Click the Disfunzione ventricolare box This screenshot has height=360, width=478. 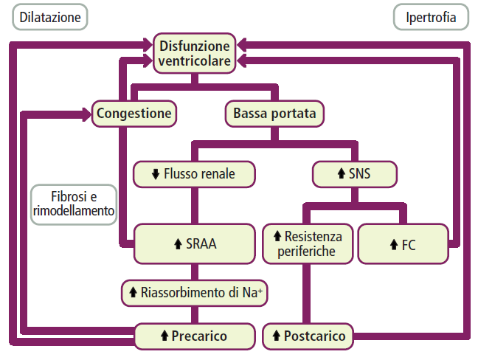[x=195, y=53]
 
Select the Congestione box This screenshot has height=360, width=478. [x=135, y=114]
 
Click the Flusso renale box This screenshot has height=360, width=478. [x=194, y=175]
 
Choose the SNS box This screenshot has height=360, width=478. [x=355, y=175]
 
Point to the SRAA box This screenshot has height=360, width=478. [x=194, y=244]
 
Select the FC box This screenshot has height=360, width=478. [x=403, y=244]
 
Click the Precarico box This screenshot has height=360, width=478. [x=194, y=336]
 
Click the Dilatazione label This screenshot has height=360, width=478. [x=49, y=17]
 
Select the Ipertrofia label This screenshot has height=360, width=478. [x=431, y=17]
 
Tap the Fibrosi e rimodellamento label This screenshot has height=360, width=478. [x=74, y=204]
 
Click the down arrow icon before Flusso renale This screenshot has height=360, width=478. [x=156, y=175]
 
